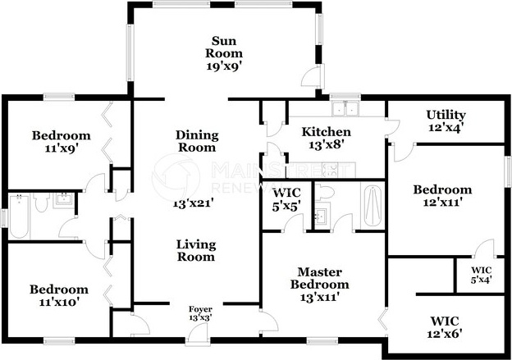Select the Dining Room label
tap(196, 141)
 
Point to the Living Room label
tap(197, 249)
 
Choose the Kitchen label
tap(326, 132)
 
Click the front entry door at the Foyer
tap(198, 333)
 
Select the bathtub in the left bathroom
tap(18, 216)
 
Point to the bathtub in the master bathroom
tap(373, 203)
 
